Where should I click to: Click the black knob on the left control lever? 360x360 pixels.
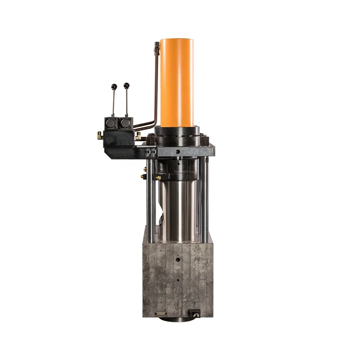[114, 86]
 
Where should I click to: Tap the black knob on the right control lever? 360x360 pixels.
[126, 85]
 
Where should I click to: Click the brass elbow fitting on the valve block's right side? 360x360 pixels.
[138, 136]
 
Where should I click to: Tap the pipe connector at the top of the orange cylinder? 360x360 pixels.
[157, 47]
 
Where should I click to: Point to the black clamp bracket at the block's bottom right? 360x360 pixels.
[194, 312]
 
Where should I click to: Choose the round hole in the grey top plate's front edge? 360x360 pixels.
[177, 152]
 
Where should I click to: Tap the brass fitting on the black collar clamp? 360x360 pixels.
[158, 177]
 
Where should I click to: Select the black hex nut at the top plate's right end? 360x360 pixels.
[204, 139]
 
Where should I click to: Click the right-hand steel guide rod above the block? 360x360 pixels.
[204, 202]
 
